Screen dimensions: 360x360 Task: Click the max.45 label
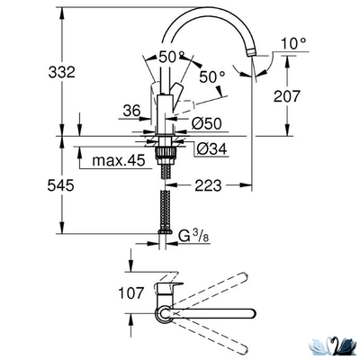118,162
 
